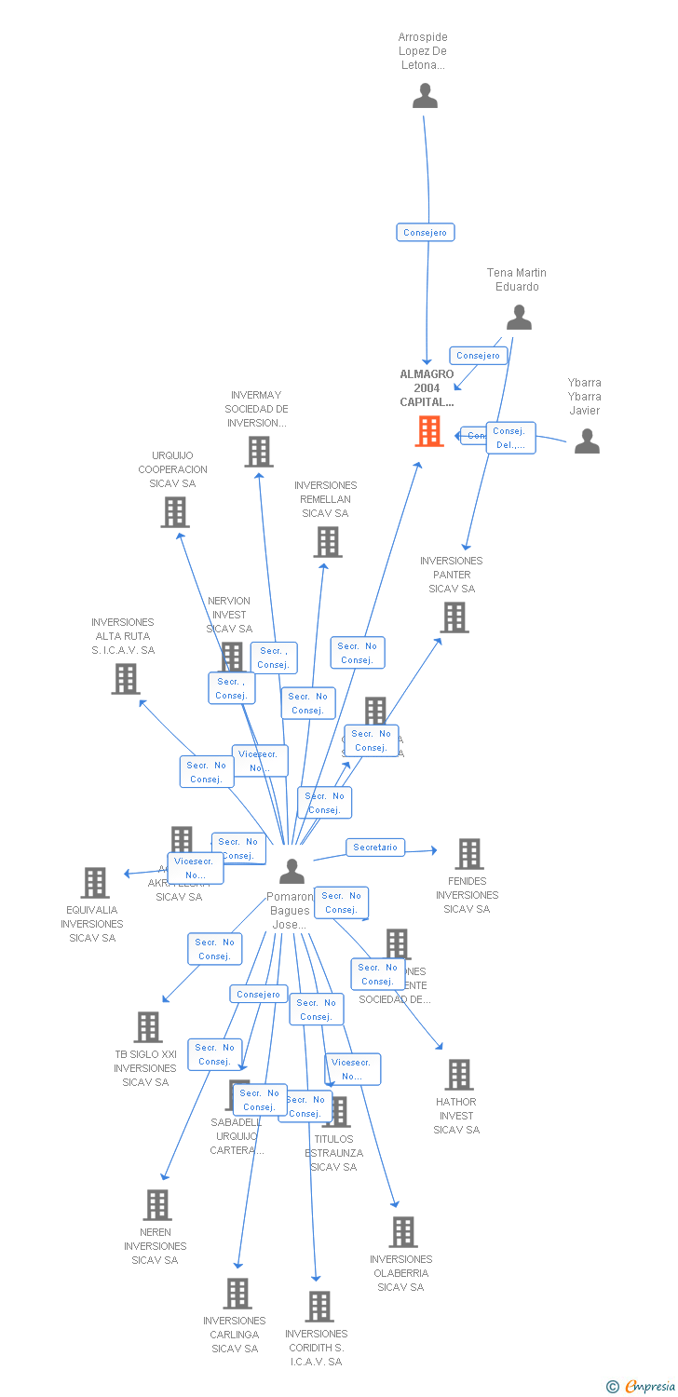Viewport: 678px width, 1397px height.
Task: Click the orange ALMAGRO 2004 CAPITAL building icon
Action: (429, 431)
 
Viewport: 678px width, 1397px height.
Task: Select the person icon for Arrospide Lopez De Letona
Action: (425, 96)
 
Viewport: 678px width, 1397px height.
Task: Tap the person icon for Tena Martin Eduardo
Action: (519, 318)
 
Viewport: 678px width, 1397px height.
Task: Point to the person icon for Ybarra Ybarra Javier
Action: (587, 441)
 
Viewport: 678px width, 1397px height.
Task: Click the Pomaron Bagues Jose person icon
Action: (292, 871)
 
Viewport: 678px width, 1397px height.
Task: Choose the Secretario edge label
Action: (375, 848)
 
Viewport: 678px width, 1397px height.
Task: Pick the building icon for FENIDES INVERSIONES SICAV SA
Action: (468, 853)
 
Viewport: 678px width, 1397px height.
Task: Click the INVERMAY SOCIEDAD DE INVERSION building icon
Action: (259, 452)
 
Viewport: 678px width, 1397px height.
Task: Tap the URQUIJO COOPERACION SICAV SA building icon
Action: (175, 512)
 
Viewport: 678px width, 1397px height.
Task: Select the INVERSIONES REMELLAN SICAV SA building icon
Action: (328, 542)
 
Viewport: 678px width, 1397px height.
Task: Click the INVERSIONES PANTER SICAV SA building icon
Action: (454, 617)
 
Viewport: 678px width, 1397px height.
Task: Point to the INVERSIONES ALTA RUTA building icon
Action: (126, 678)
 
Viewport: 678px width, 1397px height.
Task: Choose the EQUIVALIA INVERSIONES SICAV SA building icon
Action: (95, 882)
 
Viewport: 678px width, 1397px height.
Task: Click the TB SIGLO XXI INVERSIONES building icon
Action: (148, 1027)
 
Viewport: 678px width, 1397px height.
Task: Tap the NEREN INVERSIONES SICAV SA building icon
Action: (157, 1205)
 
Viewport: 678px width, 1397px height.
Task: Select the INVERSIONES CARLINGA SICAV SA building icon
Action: (237, 1293)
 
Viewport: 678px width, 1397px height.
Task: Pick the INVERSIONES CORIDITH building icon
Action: (319, 1307)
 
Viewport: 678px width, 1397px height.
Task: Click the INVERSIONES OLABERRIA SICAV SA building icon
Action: (403, 1232)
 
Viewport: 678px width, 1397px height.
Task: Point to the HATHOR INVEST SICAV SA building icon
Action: (458, 1075)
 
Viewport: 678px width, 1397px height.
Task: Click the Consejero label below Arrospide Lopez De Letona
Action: (426, 233)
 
